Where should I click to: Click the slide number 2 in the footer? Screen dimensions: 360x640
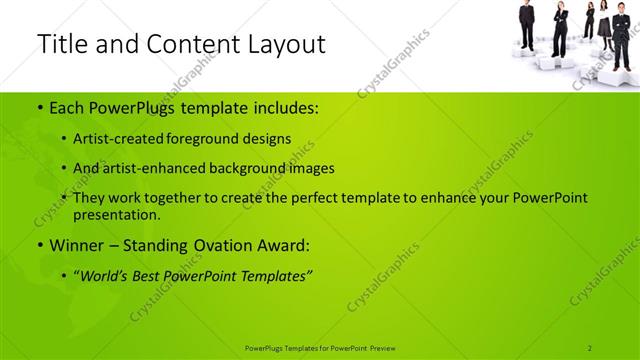[x=590, y=347]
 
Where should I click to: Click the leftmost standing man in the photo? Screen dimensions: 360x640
[x=527, y=25]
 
